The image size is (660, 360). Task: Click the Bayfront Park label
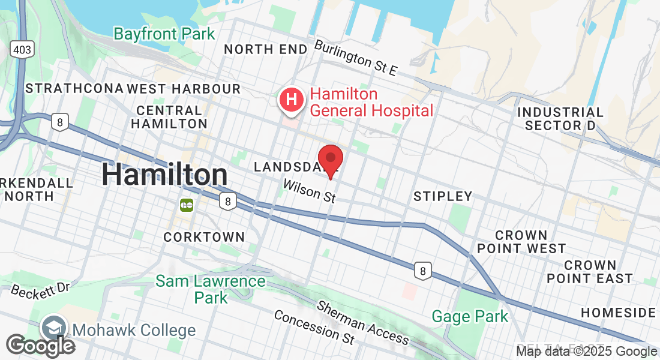(x=164, y=34)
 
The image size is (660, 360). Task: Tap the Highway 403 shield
(x=21, y=49)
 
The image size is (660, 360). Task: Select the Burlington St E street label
(x=355, y=58)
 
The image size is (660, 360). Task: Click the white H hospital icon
(x=292, y=100)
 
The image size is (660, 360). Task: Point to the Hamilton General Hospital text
(x=371, y=102)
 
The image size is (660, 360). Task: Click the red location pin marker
(x=330, y=160)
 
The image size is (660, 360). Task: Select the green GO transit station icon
(x=186, y=205)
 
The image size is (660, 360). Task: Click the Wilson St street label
(x=309, y=191)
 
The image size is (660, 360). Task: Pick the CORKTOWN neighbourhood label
(x=204, y=237)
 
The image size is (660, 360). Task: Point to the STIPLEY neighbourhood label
(x=443, y=196)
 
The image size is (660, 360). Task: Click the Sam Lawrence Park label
(x=211, y=289)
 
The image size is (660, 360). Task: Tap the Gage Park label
(x=470, y=316)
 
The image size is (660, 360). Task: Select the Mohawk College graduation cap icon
(x=53, y=329)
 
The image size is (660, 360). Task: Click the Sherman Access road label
(x=363, y=322)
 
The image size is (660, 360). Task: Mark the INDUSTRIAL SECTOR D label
(x=560, y=119)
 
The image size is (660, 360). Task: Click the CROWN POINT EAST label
(x=589, y=272)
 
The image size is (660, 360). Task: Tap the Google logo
(x=40, y=346)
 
